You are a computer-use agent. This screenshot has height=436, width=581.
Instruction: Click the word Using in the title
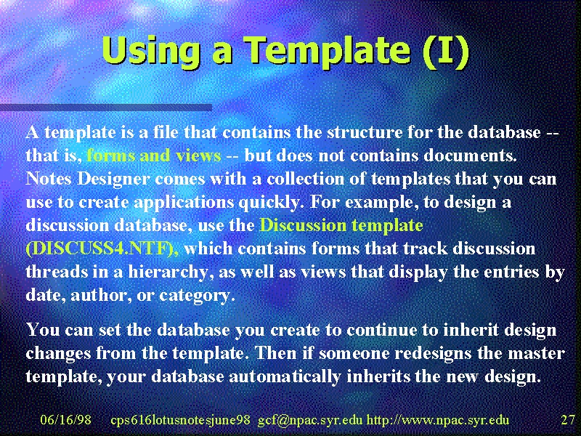(151, 51)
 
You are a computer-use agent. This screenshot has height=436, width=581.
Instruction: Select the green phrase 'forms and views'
(154, 156)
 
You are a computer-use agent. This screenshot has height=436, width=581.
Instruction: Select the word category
(196, 296)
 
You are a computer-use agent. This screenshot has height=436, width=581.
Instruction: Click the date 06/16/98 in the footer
(65, 420)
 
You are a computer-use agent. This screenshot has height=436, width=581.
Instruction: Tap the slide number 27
(568, 420)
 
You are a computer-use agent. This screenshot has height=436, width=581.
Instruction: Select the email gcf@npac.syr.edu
(310, 421)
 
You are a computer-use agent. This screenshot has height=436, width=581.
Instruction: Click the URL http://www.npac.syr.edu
(438, 421)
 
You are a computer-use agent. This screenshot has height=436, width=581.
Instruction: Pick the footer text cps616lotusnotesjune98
(180, 421)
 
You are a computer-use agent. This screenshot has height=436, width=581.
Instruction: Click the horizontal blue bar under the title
(106, 108)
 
